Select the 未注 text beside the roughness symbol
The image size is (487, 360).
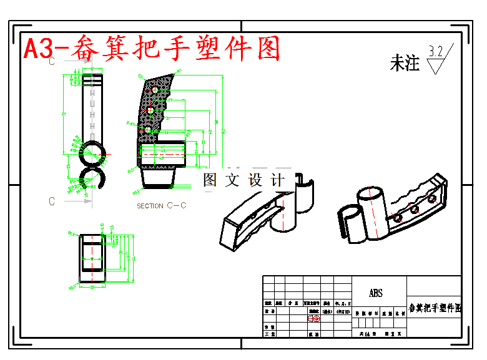point(405,62)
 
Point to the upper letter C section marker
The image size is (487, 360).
point(52,62)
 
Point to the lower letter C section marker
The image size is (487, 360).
point(52,201)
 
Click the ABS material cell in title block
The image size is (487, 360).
point(375,293)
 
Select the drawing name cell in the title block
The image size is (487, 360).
point(435,308)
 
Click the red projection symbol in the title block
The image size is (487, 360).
point(314,319)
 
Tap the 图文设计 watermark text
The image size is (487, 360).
point(243,180)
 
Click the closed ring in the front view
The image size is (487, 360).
point(92,153)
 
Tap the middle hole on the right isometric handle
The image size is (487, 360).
point(414,210)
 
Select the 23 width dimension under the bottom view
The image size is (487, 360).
point(92,288)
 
